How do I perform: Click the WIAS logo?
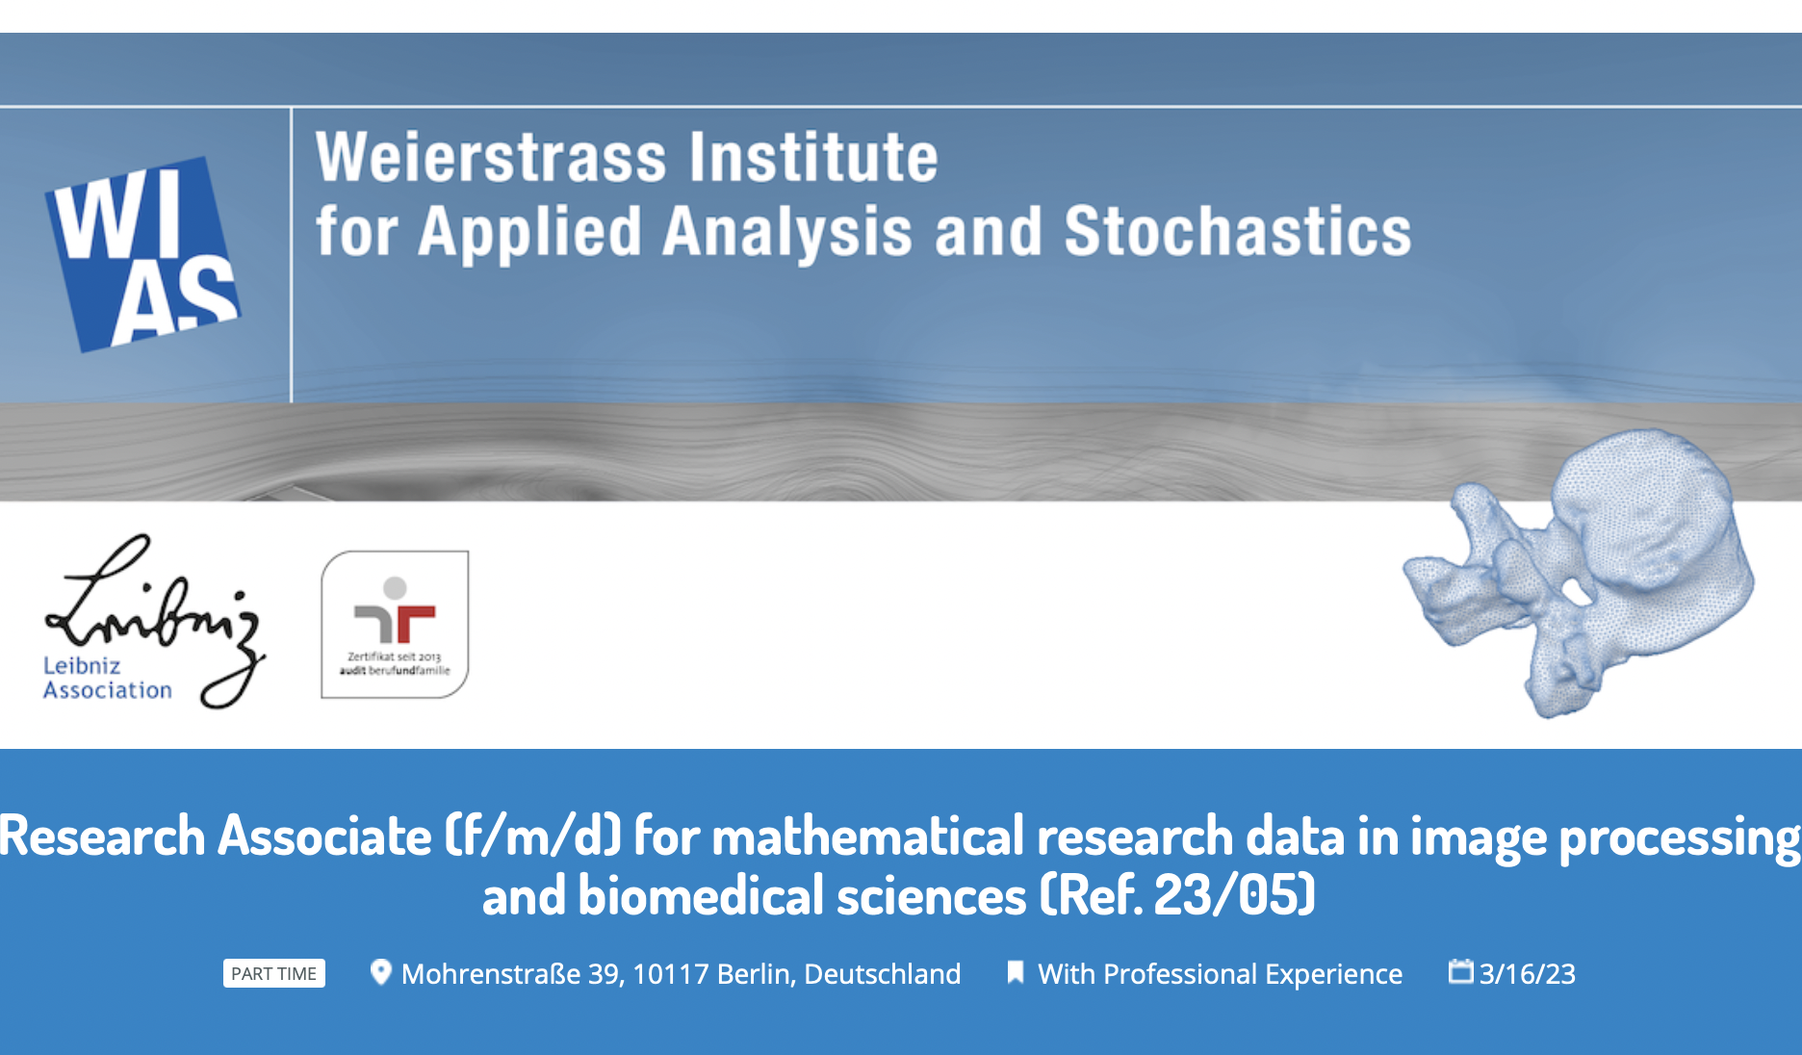pyautogui.click(x=142, y=254)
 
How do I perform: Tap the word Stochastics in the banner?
pyautogui.click(x=1237, y=231)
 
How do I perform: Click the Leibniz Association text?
pyautogui.click(x=107, y=678)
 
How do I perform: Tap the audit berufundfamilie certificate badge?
pyautogui.click(x=395, y=624)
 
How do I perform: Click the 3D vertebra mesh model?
pyautogui.click(x=1579, y=572)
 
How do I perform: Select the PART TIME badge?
pyautogui.click(x=274, y=973)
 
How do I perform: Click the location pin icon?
pyautogui.click(x=380, y=972)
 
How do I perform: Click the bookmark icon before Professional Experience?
pyautogui.click(x=1015, y=972)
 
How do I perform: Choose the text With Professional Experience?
pyautogui.click(x=1220, y=974)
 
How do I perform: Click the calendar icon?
pyautogui.click(x=1461, y=971)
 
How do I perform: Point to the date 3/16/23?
pyautogui.click(x=1528, y=974)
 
